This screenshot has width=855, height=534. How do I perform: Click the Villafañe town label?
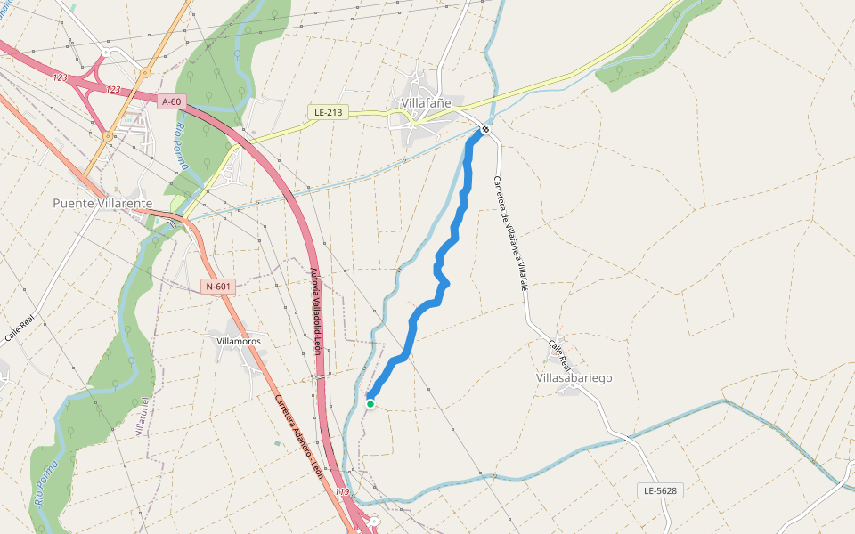pyautogui.click(x=427, y=103)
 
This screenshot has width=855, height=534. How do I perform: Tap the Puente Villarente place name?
pyautogui.click(x=102, y=203)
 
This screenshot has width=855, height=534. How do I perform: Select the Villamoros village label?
pyautogui.click(x=239, y=341)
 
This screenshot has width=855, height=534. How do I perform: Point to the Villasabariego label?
pyautogui.click(x=574, y=378)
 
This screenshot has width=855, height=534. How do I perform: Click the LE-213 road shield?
pyautogui.click(x=329, y=112)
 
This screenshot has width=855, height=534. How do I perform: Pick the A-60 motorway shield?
pyautogui.click(x=172, y=102)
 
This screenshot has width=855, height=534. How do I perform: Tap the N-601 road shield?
pyautogui.click(x=218, y=287)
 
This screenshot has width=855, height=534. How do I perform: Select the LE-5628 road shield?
pyautogui.click(x=661, y=490)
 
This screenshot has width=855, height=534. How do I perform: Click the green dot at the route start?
pyautogui.click(x=370, y=403)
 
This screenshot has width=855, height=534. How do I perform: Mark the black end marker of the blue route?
pyautogui.click(x=485, y=130)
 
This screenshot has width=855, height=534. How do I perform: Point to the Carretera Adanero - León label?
pyautogui.click(x=299, y=436)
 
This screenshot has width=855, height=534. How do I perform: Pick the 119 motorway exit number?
pyautogui.click(x=343, y=492)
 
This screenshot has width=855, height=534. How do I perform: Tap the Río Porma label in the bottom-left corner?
pyautogui.click(x=46, y=482)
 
